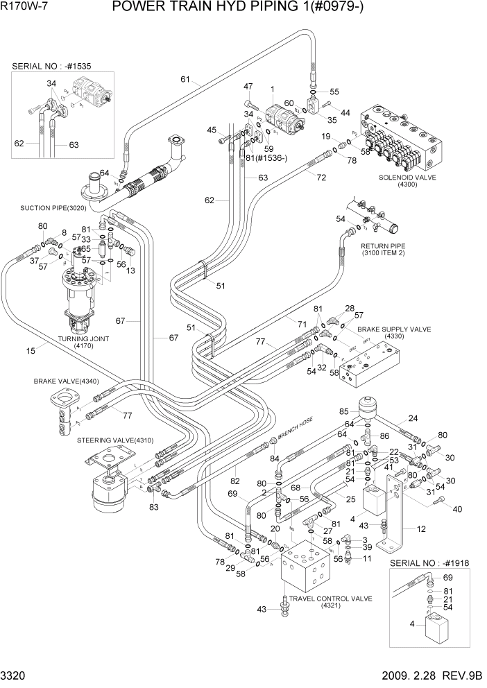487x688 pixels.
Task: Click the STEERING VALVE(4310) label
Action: click(x=115, y=440)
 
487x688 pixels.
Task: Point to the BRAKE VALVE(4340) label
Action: click(x=66, y=381)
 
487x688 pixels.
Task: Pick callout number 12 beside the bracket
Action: click(x=422, y=529)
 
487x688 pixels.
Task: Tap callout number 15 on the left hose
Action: click(x=31, y=351)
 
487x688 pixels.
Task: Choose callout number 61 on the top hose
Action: click(x=185, y=80)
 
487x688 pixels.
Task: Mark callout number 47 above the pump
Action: click(x=248, y=86)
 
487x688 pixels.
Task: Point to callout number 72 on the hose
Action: click(x=321, y=178)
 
